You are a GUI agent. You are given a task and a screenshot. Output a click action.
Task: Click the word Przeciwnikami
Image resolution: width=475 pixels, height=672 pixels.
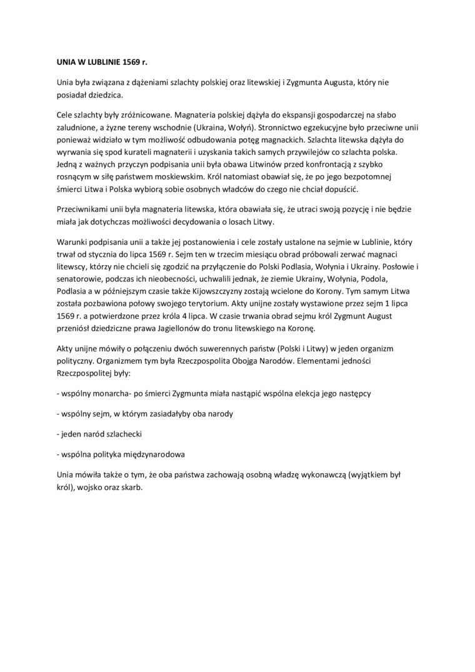tap(81, 209)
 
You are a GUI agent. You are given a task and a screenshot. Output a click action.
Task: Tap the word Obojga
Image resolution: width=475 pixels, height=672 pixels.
tap(239, 361)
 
